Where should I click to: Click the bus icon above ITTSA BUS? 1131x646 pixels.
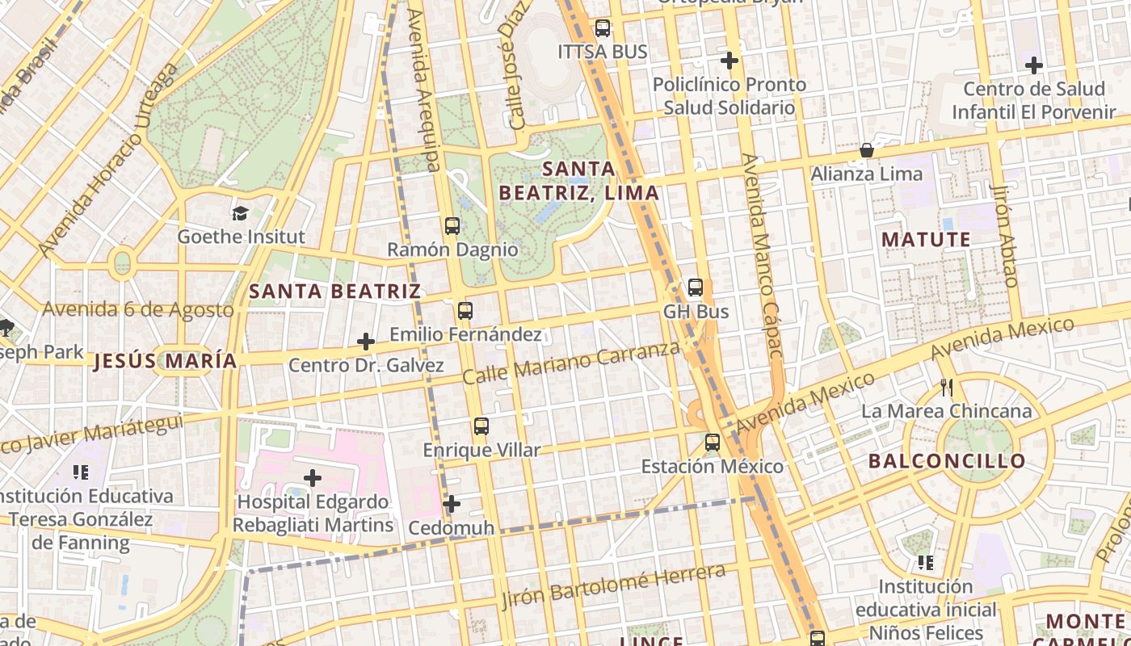pyautogui.click(x=603, y=28)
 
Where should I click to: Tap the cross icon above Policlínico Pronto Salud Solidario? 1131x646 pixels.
pyautogui.click(x=729, y=61)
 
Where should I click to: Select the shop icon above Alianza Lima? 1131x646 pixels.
pyautogui.click(x=866, y=150)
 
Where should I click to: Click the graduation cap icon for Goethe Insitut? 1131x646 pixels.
pyautogui.click(x=241, y=213)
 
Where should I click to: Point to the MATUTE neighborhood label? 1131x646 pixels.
pyautogui.click(x=926, y=240)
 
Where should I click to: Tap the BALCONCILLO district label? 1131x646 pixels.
pyautogui.click(x=947, y=461)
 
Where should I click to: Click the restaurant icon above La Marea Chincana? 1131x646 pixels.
pyautogui.click(x=947, y=388)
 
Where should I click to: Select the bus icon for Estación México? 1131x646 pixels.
pyautogui.click(x=712, y=443)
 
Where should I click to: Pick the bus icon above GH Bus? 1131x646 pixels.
pyautogui.click(x=696, y=287)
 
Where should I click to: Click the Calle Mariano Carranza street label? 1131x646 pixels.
pyautogui.click(x=572, y=363)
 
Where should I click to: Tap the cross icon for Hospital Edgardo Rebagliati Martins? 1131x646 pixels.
pyautogui.click(x=313, y=478)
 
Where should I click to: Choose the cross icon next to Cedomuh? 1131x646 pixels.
pyautogui.click(x=452, y=505)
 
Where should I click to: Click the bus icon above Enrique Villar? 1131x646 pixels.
pyautogui.click(x=481, y=426)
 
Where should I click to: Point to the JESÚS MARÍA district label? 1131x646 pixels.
pyautogui.click(x=166, y=361)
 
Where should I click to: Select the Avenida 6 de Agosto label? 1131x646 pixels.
pyautogui.click(x=138, y=309)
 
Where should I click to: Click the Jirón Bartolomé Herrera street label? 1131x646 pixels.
pyautogui.click(x=613, y=587)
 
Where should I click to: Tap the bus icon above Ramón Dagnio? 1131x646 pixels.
pyautogui.click(x=452, y=226)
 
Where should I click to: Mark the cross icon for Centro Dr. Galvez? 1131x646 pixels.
pyautogui.click(x=366, y=342)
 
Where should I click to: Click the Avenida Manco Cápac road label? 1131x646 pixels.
pyautogui.click(x=763, y=255)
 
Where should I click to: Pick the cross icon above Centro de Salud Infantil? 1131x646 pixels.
pyautogui.click(x=1034, y=65)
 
